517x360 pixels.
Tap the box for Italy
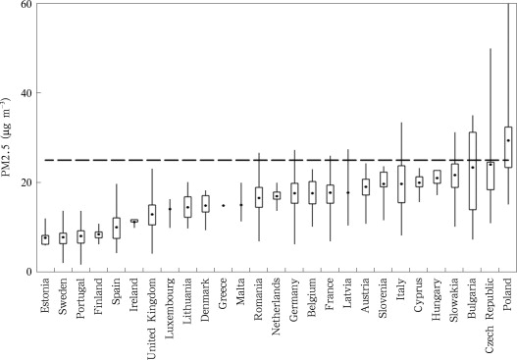pyautogui.click(x=400, y=183)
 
